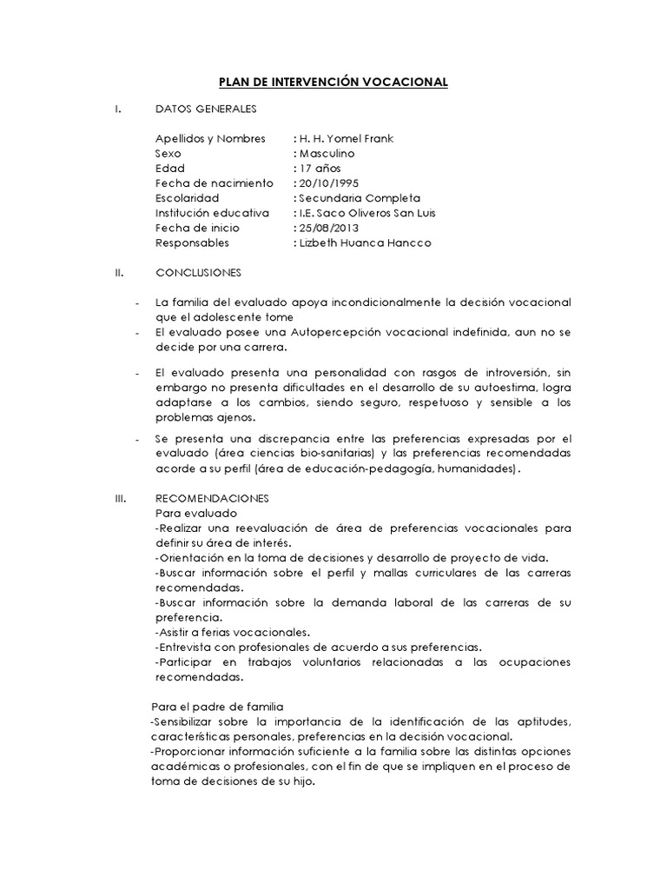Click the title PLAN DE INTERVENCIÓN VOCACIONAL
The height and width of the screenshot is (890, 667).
(333, 83)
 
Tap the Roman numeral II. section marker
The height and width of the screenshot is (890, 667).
(121, 272)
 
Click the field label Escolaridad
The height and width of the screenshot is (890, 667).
(188, 198)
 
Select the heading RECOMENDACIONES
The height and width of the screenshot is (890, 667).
(212, 498)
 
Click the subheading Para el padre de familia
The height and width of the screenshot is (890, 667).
(218, 706)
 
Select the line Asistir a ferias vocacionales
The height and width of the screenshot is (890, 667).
(233, 631)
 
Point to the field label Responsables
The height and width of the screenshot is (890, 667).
(192, 242)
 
